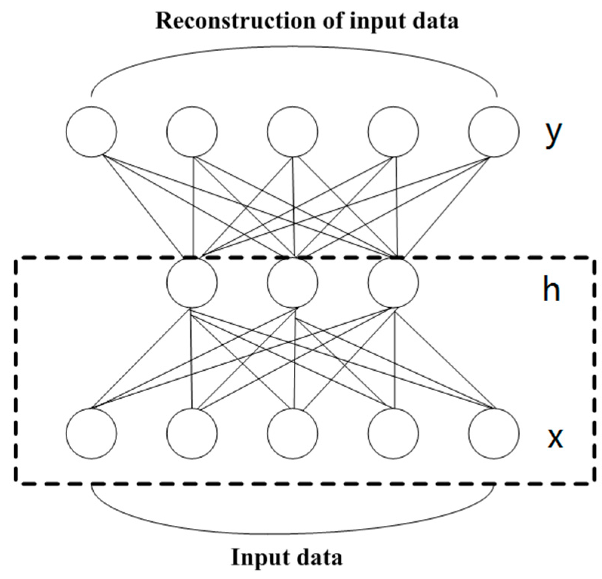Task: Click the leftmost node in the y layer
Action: click(91, 132)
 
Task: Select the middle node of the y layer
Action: click(292, 132)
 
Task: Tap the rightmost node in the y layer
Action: click(494, 132)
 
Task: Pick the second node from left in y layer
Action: click(192, 132)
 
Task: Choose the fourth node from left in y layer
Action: click(393, 132)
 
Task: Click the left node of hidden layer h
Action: click(192, 282)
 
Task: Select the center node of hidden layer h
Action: click(292, 282)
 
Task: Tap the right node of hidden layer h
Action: click(393, 282)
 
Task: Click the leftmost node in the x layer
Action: click(91, 433)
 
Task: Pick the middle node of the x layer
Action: click(292, 433)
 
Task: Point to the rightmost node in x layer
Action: click(494, 433)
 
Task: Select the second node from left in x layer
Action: click(192, 433)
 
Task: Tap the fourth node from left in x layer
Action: click(393, 433)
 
